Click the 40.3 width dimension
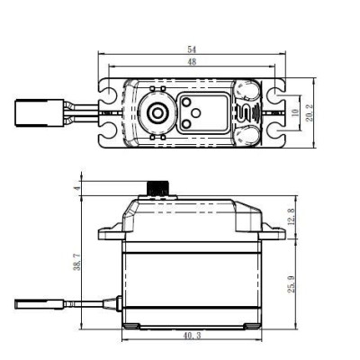193,336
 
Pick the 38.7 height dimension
78,261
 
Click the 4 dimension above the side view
78,187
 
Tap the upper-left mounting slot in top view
112,91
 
